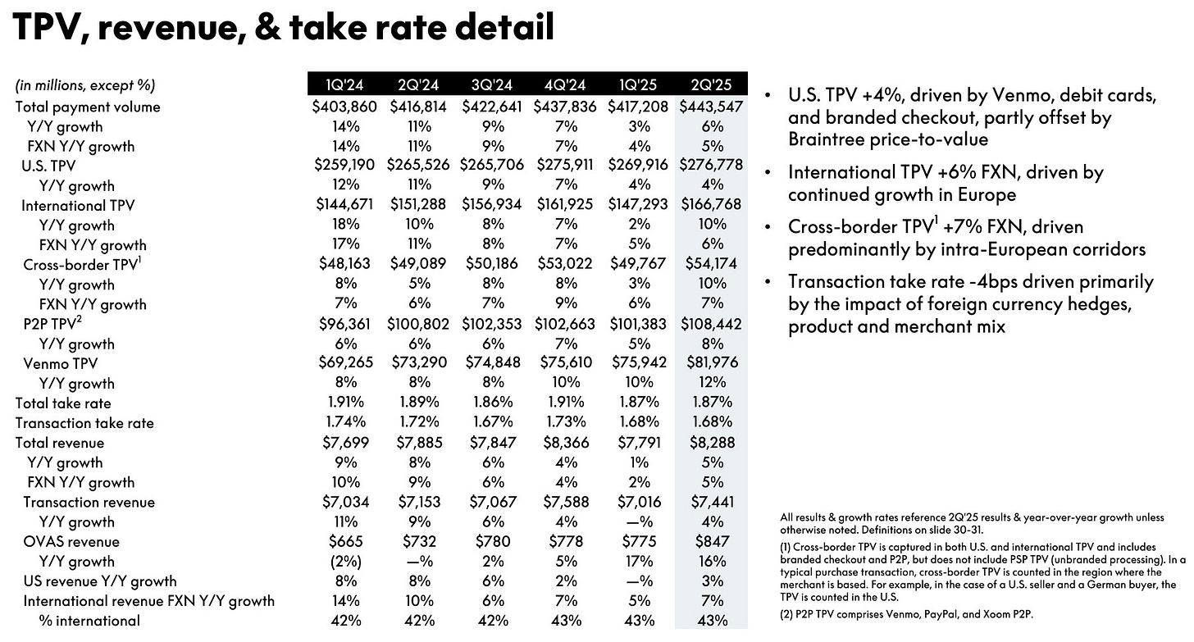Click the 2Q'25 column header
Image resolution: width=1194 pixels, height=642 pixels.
pos(712,84)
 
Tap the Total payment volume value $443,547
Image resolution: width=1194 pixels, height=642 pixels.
pos(712,107)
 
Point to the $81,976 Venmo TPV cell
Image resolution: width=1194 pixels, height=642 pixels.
pos(712,363)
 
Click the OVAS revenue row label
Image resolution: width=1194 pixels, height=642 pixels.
pos(71,541)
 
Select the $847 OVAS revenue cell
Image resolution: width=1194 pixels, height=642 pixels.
pos(712,541)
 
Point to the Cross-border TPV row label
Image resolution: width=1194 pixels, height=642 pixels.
pos(71,264)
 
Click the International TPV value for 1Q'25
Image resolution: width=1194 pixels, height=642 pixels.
pos(638,205)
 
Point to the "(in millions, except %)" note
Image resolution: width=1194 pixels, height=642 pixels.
pos(85,85)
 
